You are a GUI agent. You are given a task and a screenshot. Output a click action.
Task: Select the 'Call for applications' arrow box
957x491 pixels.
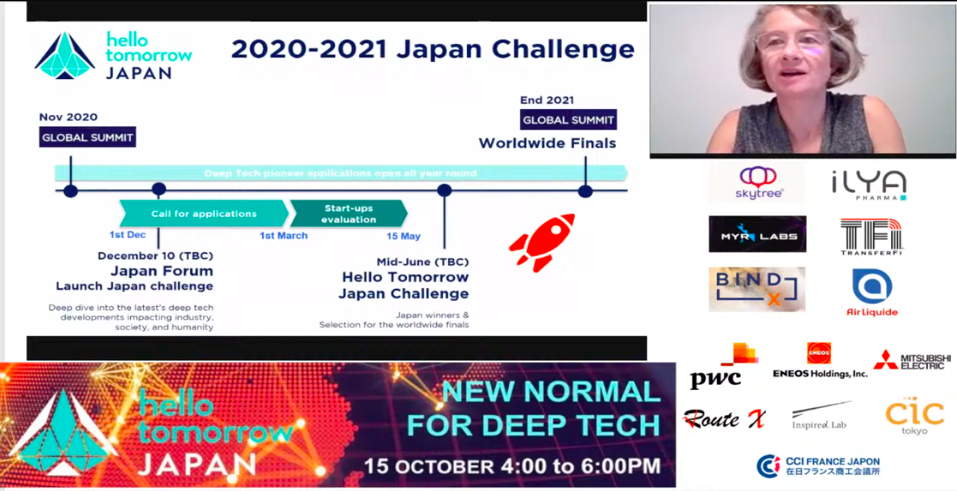204,214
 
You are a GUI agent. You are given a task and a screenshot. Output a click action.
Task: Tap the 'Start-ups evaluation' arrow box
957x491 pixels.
348,214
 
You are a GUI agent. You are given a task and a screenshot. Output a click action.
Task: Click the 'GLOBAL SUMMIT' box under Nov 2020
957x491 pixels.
87,138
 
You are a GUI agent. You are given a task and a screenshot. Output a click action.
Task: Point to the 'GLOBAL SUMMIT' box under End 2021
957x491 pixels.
568,120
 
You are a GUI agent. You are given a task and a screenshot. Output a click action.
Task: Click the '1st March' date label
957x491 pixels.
283,236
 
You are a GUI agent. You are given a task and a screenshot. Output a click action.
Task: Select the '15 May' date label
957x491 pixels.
403,236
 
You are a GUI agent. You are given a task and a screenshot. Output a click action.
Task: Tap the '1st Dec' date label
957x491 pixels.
128,235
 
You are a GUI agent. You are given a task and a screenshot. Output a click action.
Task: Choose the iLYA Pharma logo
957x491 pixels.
869,184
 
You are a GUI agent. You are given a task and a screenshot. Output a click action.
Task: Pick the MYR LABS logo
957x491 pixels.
757,234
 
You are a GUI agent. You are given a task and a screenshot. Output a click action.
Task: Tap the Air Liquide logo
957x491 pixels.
872,291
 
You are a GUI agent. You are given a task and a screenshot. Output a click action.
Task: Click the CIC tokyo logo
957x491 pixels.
914,416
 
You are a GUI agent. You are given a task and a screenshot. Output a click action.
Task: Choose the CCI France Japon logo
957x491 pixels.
818,466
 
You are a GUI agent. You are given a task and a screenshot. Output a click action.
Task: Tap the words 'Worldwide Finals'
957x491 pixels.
547,143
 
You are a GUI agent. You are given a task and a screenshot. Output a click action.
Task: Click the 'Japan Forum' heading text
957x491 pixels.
162,271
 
